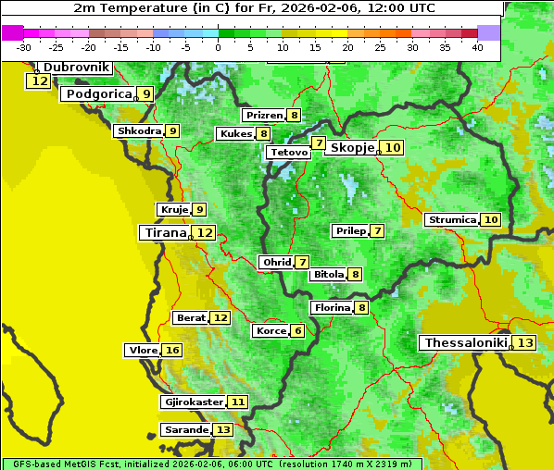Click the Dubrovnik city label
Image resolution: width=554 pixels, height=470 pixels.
pyautogui.click(x=77, y=68)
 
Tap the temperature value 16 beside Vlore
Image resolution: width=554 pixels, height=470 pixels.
pyautogui.click(x=172, y=350)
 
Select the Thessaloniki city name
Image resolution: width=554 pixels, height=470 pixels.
pyautogui.click(x=465, y=343)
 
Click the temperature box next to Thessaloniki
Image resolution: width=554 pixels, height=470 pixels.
pyautogui.click(x=525, y=343)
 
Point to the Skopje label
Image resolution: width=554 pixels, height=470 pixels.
pyautogui.click(x=352, y=147)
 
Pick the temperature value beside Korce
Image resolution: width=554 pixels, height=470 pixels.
pyautogui.click(x=297, y=331)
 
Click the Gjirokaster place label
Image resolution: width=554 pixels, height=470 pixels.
pyautogui.click(x=193, y=402)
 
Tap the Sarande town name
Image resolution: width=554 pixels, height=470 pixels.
pyautogui.click(x=184, y=430)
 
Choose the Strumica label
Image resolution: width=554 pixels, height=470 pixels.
pyautogui.click(x=451, y=220)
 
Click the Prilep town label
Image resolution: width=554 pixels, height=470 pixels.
pyautogui.click(x=350, y=230)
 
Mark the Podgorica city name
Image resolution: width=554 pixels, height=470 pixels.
pyautogui.click(x=98, y=93)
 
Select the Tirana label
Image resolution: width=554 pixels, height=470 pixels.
pyautogui.click(x=164, y=233)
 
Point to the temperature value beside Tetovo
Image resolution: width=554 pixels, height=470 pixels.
pyautogui.click(x=319, y=143)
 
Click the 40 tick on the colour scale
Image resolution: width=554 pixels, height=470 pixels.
pyautogui.click(x=477, y=47)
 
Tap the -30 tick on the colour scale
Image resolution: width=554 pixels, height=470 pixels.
pyautogui.click(x=24, y=47)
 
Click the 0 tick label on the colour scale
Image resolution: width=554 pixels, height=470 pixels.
pyautogui.click(x=218, y=47)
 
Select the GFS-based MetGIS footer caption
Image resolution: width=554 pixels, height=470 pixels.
pyautogui.click(x=211, y=464)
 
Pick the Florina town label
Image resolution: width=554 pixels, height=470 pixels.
pyautogui.click(x=332, y=307)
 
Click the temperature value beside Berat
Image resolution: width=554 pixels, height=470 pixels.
pyautogui.click(x=220, y=317)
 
